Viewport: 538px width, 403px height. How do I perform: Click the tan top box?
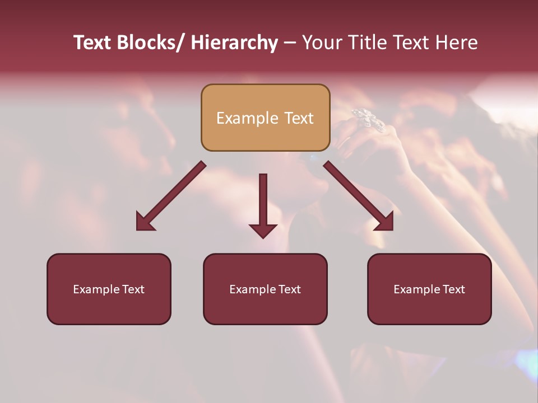[265, 118]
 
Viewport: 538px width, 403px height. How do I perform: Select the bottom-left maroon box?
[109, 289]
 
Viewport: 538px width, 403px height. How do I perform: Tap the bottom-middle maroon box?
[265, 289]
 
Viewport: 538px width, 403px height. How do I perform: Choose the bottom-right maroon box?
[429, 289]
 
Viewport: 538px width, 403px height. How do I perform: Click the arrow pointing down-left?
[171, 196]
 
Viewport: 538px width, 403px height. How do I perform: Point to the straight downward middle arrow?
[263, 204]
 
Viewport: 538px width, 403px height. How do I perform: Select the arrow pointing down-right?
[359, 196]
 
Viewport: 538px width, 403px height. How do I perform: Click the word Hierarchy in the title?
[234, 43]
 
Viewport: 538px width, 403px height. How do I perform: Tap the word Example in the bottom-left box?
[96, 289]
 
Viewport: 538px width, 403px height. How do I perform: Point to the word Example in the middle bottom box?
[253, 289]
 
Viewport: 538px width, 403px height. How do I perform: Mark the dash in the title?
[290, 43]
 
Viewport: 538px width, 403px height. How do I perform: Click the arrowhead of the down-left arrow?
[145, 222]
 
